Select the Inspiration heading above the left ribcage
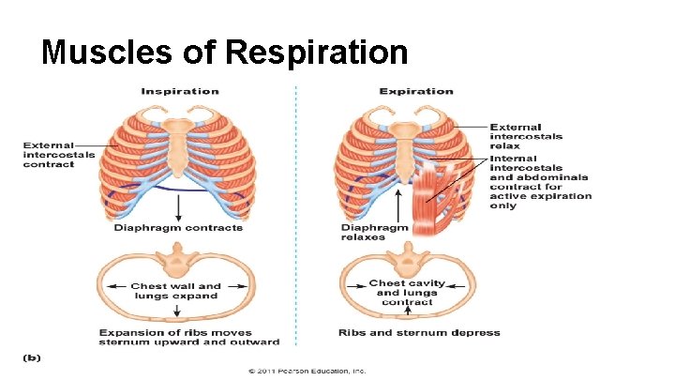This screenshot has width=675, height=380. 180,91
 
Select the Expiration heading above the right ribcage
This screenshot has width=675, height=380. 416,91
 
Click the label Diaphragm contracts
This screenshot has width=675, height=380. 178,228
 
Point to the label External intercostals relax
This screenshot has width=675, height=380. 526,137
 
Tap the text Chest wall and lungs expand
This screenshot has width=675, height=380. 175,291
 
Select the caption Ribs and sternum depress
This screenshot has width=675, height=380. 418,332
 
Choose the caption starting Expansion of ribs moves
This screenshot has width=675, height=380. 176,337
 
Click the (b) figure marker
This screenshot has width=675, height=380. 31,357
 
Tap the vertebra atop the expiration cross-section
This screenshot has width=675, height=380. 408,255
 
